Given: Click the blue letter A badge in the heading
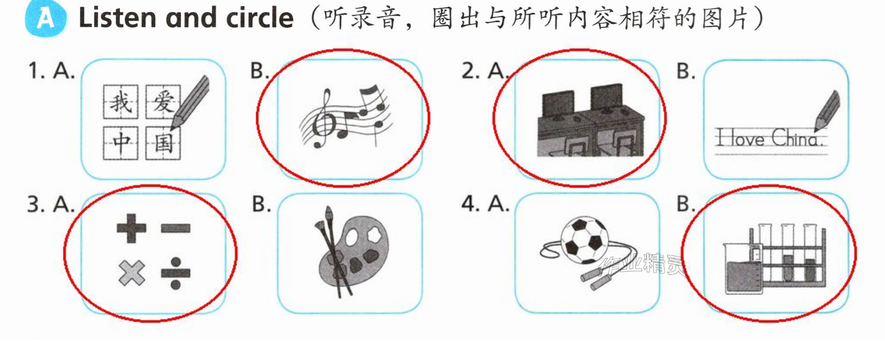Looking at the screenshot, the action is [x=45, y=18].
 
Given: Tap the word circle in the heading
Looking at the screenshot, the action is [x=260, y=18].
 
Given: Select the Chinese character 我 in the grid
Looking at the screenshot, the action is [x=121, y=102].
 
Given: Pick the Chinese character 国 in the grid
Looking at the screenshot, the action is [x=163, y=143].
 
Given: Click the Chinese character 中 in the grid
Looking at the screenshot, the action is [x=121, y=143].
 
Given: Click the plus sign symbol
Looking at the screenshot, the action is [x=131, y=228].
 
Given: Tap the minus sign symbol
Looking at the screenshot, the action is [x=176, y=228].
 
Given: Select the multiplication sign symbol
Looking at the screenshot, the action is [x=132, y=273].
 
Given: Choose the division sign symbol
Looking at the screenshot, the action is [x=176, y=273].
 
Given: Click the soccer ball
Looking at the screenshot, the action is [x=584, y=240].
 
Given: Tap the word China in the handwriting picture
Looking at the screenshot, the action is [x=797, y=138].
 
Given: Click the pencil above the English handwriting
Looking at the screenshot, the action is [x=827, y=111].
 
